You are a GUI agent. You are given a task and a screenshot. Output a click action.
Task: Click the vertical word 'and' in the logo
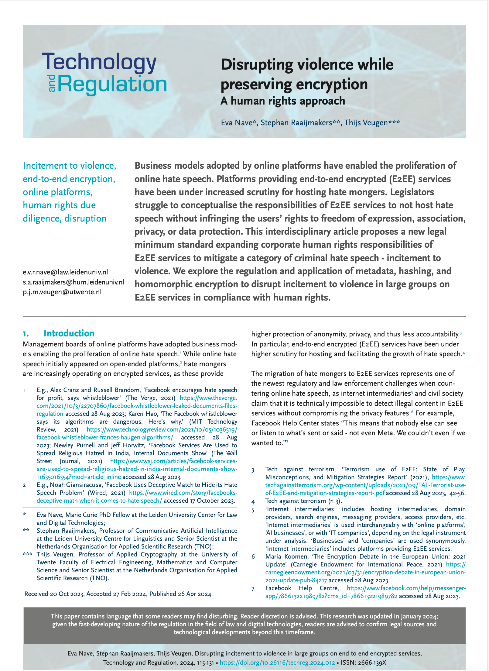tap(52, 83)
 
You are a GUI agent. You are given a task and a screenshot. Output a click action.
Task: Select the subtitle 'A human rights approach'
tap(282, 101)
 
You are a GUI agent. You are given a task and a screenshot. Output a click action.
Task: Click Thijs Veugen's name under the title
tap(366, 122)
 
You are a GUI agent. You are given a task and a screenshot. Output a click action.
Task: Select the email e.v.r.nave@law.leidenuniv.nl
tap(65, 272)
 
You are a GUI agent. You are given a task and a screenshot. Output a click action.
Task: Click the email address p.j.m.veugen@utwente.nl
tap(62, 292)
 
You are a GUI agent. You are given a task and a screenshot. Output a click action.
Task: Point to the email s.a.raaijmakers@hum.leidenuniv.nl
tap(73, 282)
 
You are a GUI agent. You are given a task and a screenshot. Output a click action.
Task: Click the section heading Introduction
tap(69, 333)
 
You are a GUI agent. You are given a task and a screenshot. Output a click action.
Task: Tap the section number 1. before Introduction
tap(26, 334)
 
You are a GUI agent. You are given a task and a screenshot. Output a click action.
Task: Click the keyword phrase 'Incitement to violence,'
tap(69, 166)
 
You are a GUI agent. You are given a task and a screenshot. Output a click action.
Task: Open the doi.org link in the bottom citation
tap(277, 662)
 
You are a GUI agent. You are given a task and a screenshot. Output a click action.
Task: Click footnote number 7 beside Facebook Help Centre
tap(253, 589)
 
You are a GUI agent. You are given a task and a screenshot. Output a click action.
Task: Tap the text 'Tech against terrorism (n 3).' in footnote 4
tap(303, 501)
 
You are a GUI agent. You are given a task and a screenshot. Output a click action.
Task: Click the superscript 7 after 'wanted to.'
tap(287, 442)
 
